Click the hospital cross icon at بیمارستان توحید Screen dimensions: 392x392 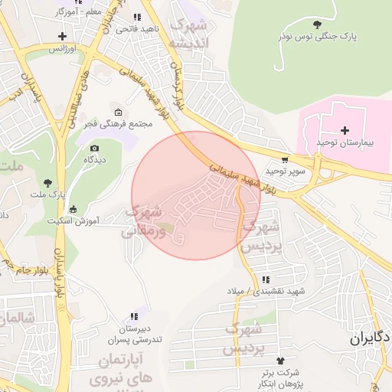pyautogui.click(x=345, y=130)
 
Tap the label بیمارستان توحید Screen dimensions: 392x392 pyautogui.click(x=344, y=144)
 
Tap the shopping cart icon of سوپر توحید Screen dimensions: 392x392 pyautogui.click(x=285, y=161)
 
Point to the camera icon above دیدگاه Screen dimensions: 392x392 pyautogui.click(x=94, y=148)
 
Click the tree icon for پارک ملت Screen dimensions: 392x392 pyautogui.click(x=48, y=182)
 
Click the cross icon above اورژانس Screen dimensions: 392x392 pyautogui.click(x=62, y=36)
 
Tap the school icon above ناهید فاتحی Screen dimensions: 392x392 pyautogui.click(x=137, y=17)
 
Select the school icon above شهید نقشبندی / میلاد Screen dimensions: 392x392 pyautogui.click(x=266, y=280)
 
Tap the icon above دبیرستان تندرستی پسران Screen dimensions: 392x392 pyautogui.click(x=135, y=316)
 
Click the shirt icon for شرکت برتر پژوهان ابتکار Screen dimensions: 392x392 pyautogui.click(x=279, y=360)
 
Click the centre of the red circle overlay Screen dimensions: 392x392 pyautogui.click(x=196, y=195)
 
